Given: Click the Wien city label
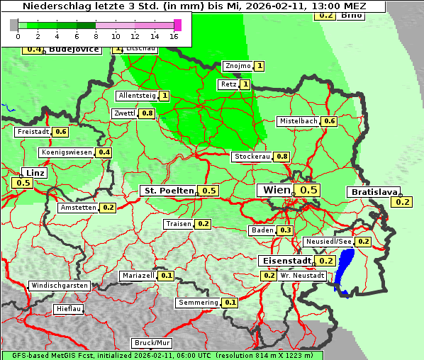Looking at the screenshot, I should pyautogui.click(x=277, y=190).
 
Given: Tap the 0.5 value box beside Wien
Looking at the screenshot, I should pyautogui.click(x=308, y=190).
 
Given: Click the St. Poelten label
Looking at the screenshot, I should pyautogui.click(x=168, y=191).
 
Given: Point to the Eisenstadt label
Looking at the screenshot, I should pyautogui.click(x=285, y=261).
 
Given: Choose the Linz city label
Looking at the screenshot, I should pyautogui.click(x=33, y=173).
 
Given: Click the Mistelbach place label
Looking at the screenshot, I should pyautogui.click(x=298, y=121).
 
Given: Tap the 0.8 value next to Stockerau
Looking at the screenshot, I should pyautogui.click(x=282, y=157).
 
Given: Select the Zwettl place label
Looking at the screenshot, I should pyautogui.click(x=124, y=113).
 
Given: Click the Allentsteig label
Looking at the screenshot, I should pyautogui.click(x=137, y=96).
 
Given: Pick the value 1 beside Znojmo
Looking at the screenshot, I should pyautogui.click(x=260, y=66).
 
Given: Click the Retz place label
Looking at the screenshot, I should pyautogui.click(x=228, y=84).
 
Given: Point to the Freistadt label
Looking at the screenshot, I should pyautogui.click(x=33, y=132).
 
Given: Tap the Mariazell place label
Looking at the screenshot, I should pyautogui.click(x=138, y=275).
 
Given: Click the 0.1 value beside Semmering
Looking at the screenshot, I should pyautogui.click(x=230, y=303).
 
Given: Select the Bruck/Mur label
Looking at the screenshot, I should pyautogui.click(x=152, y=343).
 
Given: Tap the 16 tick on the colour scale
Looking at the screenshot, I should pyautogui.click(x=174, y=36).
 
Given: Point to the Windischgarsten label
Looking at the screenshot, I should pyautogui.click(x=60, y=286).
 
